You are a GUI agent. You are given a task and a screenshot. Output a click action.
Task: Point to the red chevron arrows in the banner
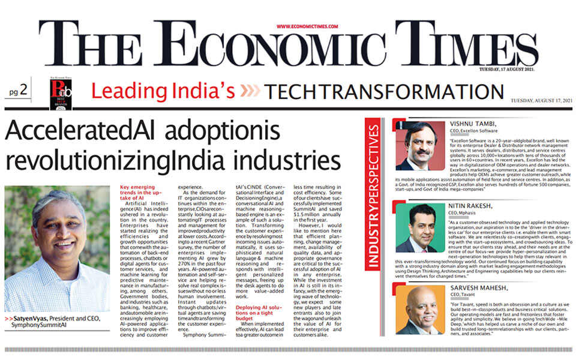pos(248,92)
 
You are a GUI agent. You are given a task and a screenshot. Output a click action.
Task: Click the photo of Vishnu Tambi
pos(416,145)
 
